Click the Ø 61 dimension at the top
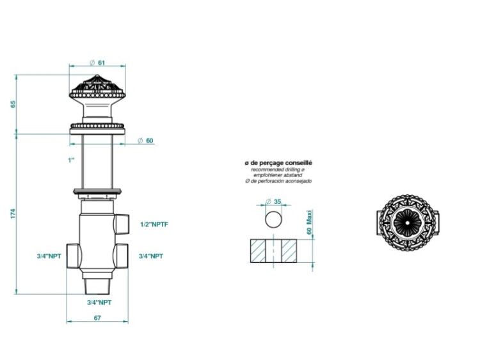[x=97, y=63]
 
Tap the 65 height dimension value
[x=13, y=104]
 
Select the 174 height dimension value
[x=13, y=214]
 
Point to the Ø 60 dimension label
[x=145, y=141]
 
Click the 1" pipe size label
[x=71, y=160]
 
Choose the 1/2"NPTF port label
[x=154, y=224]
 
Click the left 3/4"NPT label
[x=49, y=256]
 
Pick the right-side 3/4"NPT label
[x=151, y=256]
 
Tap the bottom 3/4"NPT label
[x=99, y=302]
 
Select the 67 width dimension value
[x=97, y=318]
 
